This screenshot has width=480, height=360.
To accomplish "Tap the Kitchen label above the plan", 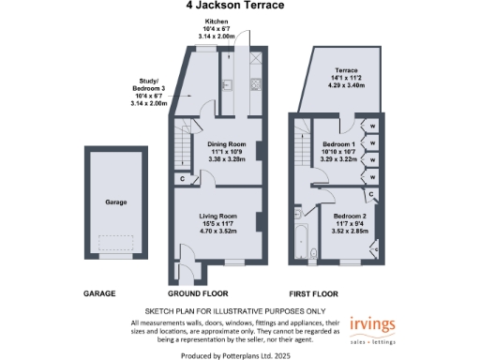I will pyautogui.click(x=217, y=21).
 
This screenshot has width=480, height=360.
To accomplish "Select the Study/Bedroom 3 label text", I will pyautogui.click(x=151, y=91).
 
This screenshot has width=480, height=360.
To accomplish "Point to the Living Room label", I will pyautogui.click(x=221, y=217).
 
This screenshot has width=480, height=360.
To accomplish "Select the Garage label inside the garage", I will pyautogui.click(x=116, y=202).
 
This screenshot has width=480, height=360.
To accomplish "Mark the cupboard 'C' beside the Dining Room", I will pyautogui.click(x=181, y=178).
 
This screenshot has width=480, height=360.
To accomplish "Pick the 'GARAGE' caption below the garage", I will pyautogui.click(x=99, y=293).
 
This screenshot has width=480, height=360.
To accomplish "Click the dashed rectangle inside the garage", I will pyautogui.click(x=116, y=243).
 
